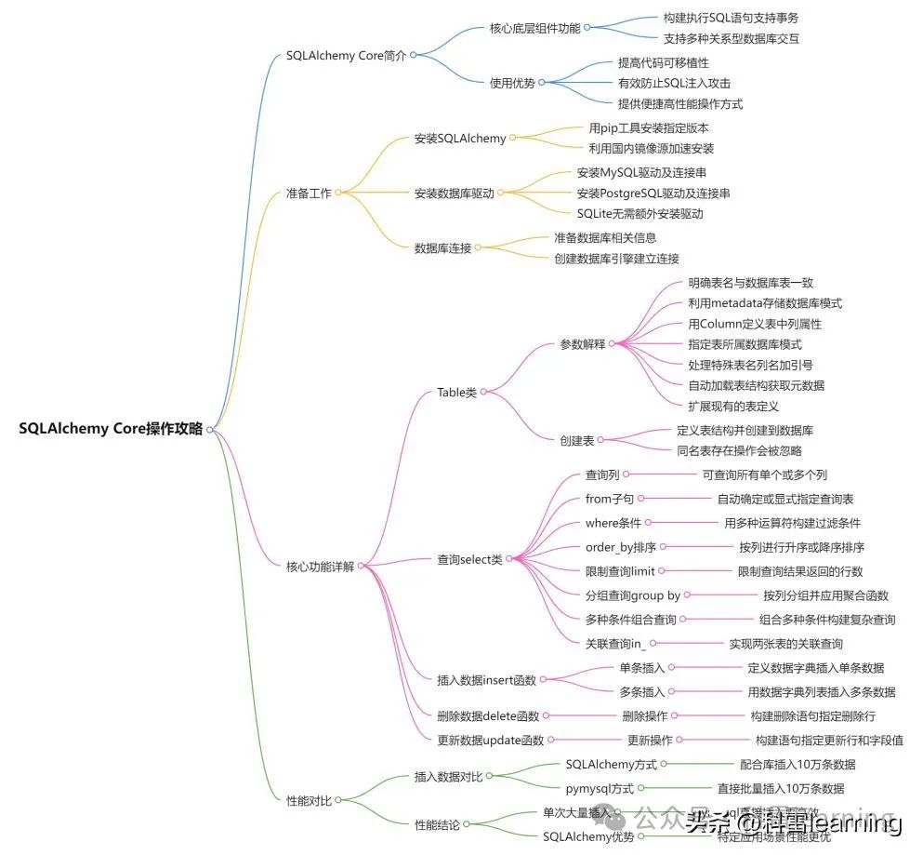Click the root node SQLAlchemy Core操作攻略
coord(111,429)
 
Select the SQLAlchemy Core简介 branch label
coord(346,55)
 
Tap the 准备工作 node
coord(308,194)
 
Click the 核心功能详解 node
coord(320,566)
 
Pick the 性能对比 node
coord(308,800)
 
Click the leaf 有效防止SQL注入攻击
coord(674,83)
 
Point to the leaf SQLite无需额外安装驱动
coord(640,214)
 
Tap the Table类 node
coord(456,393)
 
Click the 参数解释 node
coord(582,344)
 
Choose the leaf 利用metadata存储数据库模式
coord(765,303)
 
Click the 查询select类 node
coord(469,559)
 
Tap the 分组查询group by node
coord(632,595)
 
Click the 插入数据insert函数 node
coord(486,680)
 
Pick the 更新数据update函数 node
coord(490,741)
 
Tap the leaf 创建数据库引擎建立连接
coord(616,259)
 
